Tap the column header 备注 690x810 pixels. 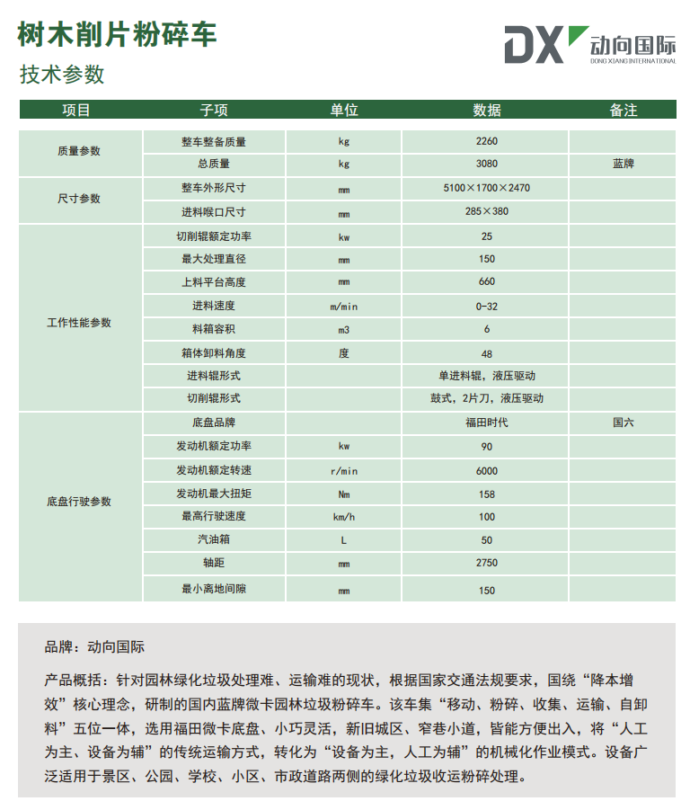[x=623, y=110]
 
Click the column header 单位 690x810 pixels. [x=344, y=110]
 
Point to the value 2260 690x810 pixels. [x=487, y=141]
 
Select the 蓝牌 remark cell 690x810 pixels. [x=623, y=164]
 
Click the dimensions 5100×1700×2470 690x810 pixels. [x=487, y=189]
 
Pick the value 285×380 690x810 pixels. [x=487, y=212]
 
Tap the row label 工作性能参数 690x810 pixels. [x=79, y=322]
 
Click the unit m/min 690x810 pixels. [x=344, y=306]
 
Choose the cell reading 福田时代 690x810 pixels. [x=487, y=422]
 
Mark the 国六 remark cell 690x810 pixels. [x=623, y=422]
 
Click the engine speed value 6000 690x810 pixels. [x=487, y=470]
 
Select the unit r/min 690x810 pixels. [x=344, y=470]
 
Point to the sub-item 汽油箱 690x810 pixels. [x=214, y=540]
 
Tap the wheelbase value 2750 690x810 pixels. [x=487, y=564]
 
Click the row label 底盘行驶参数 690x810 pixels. [x=79, y=502]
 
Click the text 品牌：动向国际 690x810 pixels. [x=94, y=646]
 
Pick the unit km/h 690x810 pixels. [x=344, y=517]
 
